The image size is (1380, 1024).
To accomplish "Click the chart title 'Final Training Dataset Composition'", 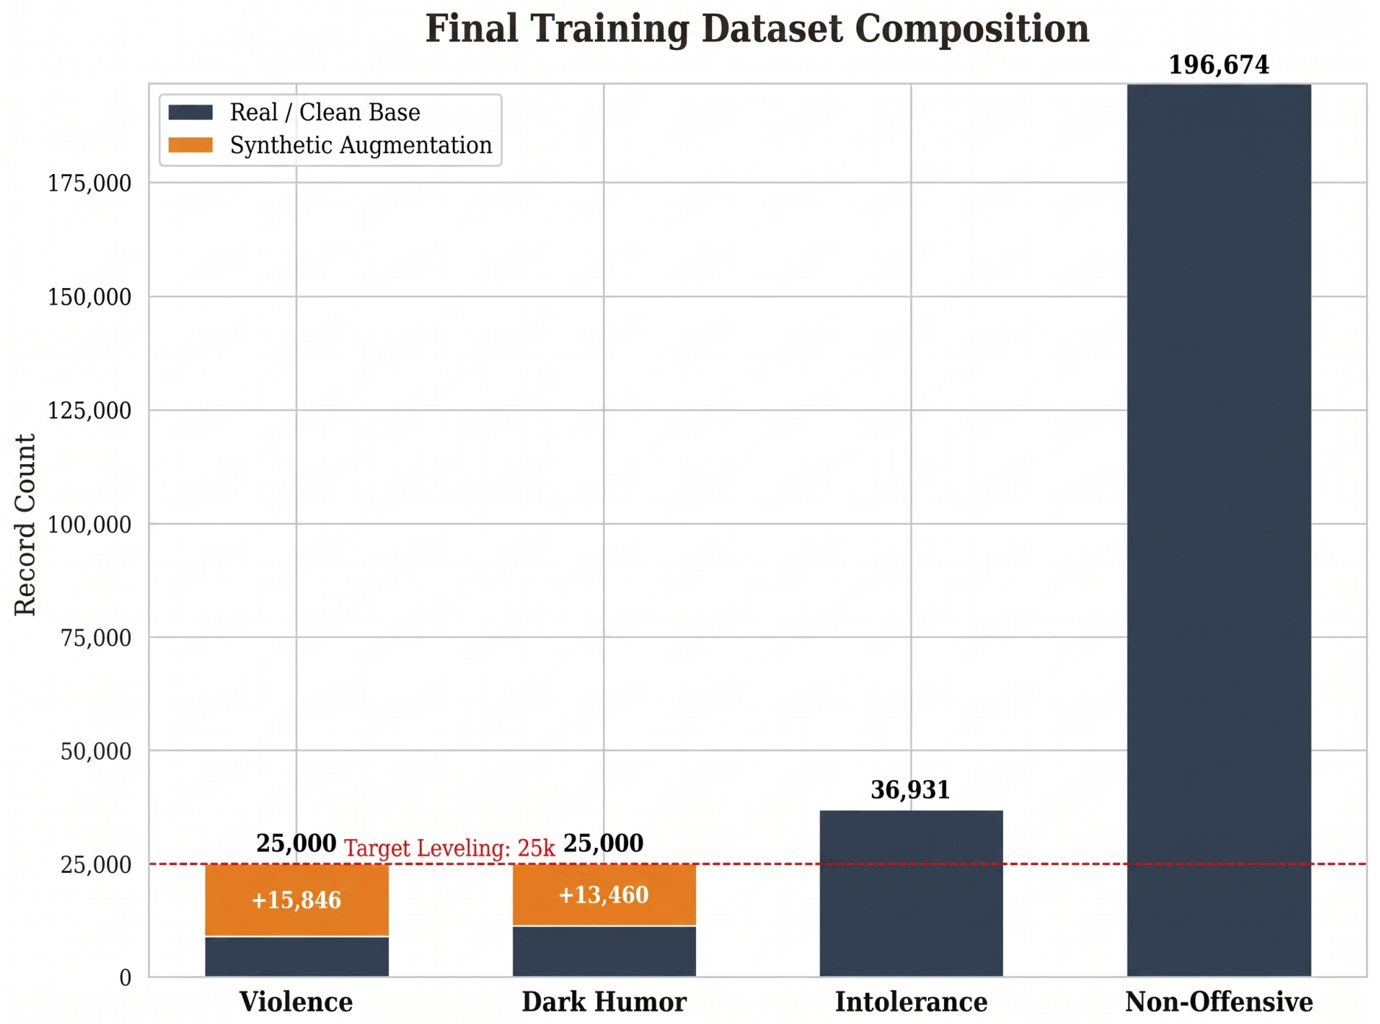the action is pos(757,29).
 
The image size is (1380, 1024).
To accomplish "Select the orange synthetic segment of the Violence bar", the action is pos(297,899).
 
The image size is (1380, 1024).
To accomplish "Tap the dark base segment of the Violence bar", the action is pos(297,957).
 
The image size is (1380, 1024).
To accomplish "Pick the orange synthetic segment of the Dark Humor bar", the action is pos(604,894).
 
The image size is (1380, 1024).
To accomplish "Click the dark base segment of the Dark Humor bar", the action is pos(604,952).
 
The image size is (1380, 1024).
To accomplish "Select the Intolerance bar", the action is pos(911,894).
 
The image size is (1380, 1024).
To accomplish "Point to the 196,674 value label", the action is pos(1219,66).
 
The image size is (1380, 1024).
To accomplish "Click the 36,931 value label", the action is pos(910,790).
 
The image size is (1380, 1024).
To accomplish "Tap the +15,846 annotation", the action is pos(296,900).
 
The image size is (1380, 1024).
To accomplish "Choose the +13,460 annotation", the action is pos(604,895).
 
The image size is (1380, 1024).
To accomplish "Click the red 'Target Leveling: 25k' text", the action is pos(449,849).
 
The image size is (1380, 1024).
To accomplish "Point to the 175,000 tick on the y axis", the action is pos(90,183).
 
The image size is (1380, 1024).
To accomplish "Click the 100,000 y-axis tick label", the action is pos(90,525).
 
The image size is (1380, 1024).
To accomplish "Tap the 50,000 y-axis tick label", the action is pos(96,751).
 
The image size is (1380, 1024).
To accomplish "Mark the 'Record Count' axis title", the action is pos(25,525).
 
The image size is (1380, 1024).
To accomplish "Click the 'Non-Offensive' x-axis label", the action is pos(1219,1003).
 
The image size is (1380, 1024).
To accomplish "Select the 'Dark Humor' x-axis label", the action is pos(604,1003).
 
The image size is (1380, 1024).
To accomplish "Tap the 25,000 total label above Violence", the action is pos(296,844).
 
